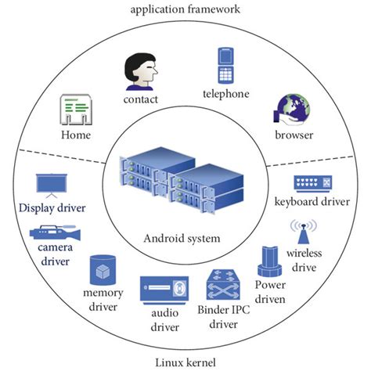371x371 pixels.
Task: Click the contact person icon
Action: tap(142, 72)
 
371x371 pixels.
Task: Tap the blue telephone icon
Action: tap(227, 66)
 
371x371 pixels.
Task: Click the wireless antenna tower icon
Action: tap(303, 232)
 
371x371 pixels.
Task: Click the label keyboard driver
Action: tap(312, 203)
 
